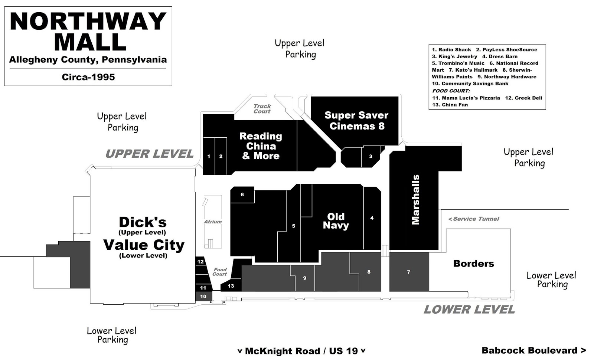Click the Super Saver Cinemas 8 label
(356, 121)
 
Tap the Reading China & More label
(261, 146)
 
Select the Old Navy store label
(336, 221)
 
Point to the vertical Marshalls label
(415, 200)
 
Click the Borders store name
(474, 264)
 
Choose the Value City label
(144, 245)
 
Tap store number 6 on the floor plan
(242, 194)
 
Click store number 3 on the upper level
(371, 156)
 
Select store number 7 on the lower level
(409, 272)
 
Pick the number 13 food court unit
(231, 286)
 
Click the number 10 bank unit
(203, 297)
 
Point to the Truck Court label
(262, 109)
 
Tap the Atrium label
(213, 222)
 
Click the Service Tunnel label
(474, 219)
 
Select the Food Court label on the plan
(220, 272)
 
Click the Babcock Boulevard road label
(534, 350)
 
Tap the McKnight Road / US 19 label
(301, 351)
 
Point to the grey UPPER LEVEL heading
(150, 154)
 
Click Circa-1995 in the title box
(88, 77)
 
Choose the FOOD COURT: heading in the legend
(451, 91)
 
